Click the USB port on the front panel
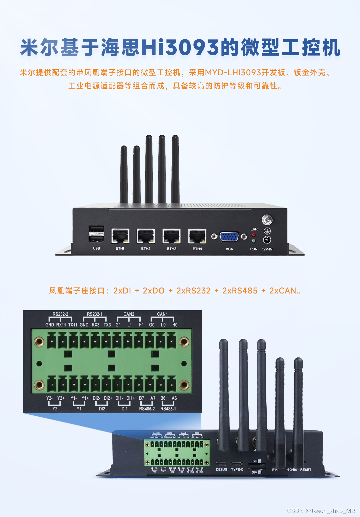[x=96, y=234]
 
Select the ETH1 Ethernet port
[x=120, y=236]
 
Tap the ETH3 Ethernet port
[x=171, y=236]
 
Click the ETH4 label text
[x=197, y=249]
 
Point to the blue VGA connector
[x=229, y=237]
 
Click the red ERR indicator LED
[x=254, y=235]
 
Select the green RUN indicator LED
[x=254, y=241]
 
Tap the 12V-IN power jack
[x=267, y=240]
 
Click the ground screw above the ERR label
[x=267, y=220]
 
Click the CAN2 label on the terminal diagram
[x=129, y=314]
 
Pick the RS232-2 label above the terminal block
[x=60, y=314]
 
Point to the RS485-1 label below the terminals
[x=168, y=409]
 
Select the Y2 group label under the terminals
[x=55, y=409]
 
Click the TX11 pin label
[x=73, y=325]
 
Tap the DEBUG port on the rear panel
[x=221, y=464]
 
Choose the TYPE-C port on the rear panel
[x=237, y=464]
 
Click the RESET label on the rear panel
[x=306, y=470]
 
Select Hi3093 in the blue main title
[x=180, y=48]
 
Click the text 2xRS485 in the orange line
[x=240, y=291]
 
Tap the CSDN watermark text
[x=321, y=511]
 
